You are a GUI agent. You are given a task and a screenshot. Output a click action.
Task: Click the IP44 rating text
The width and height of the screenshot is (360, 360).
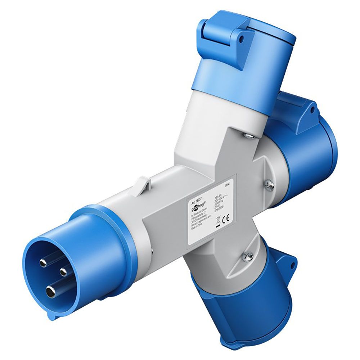[x=226, y=185]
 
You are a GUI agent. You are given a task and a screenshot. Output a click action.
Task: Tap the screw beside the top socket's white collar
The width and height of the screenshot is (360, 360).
[x=248, y=135]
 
